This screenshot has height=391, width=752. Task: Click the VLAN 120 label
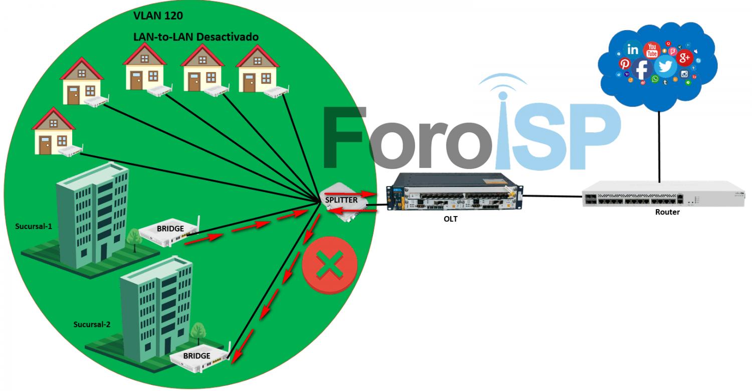coord(158,16)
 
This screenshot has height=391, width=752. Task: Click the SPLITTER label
coord(341,200)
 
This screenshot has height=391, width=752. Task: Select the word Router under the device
coord(667,212)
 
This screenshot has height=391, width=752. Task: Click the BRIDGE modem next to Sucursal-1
coord(168,232)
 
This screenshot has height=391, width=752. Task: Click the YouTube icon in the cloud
coord(652,50)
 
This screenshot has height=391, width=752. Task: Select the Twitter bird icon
coord(665,67)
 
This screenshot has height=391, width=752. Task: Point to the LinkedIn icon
coord(633,50)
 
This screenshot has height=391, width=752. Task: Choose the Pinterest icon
coord(625,64)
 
